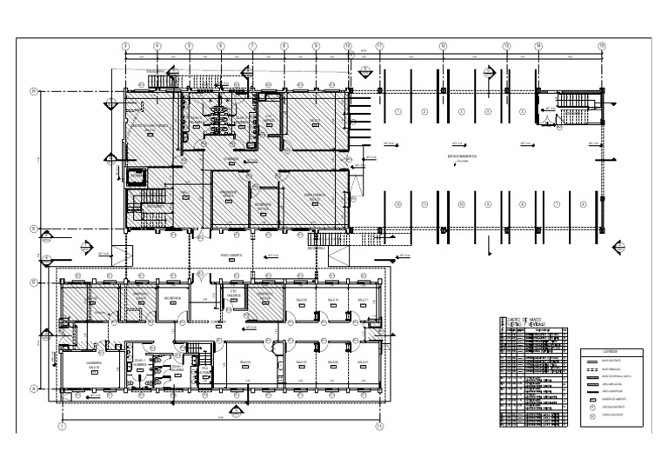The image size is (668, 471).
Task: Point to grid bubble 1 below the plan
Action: pyautogui.click(x=62, y=427)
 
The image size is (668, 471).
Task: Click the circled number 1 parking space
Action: pyautogui.click(x=397, y=111)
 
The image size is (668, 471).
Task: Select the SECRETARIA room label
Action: pyautogui.click(x=170, y=298)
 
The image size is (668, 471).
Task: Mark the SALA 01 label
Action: pyautogui.click(x=364, y=362)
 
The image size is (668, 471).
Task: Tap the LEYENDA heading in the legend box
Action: pyautogui.click(x=611, y=352)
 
